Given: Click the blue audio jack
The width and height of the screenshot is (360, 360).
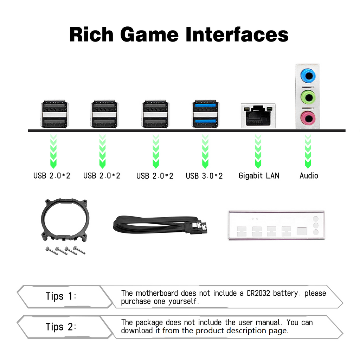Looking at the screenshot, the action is coord(308,76).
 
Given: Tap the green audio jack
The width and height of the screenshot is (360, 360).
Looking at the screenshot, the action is coord(308,97).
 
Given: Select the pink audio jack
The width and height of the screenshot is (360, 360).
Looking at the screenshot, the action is coord(308,118).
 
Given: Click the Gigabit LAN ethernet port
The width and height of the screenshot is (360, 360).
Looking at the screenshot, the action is coord(258,116).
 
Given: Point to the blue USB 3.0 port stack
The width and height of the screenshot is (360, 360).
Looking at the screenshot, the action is coord(205,114).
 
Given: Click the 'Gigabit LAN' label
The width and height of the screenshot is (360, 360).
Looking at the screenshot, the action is coord(259,176).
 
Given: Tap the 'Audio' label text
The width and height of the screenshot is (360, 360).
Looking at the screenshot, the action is coord(309,176).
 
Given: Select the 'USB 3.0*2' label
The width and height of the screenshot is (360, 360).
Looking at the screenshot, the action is coord(204,176).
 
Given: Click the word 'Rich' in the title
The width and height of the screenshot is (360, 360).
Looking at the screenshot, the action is coord(91,34).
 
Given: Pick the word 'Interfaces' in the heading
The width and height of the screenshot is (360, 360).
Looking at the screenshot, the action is coord(237,34).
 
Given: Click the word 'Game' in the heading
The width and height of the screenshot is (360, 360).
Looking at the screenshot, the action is coord(149,34).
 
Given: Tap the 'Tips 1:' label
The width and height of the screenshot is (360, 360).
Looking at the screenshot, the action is coord(61,296).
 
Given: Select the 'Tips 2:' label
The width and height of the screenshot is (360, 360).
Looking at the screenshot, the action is coord(61,327).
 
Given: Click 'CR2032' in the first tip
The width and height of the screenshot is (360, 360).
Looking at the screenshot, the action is coord(258,293).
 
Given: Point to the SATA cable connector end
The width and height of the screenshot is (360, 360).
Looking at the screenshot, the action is coord(199,227).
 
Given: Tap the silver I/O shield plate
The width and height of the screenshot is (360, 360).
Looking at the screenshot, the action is coord(276,225).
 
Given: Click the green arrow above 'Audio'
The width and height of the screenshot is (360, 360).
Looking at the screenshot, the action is coord(308,151).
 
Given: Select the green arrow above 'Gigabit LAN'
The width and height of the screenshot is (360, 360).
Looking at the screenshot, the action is coord(258,151).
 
